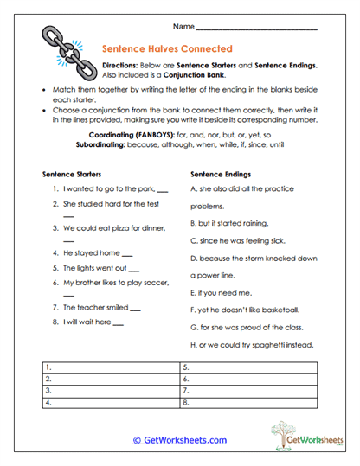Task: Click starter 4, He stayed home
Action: pos(87,253)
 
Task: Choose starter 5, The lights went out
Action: pos(94,268)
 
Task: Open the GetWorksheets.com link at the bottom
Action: pos(180,440)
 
